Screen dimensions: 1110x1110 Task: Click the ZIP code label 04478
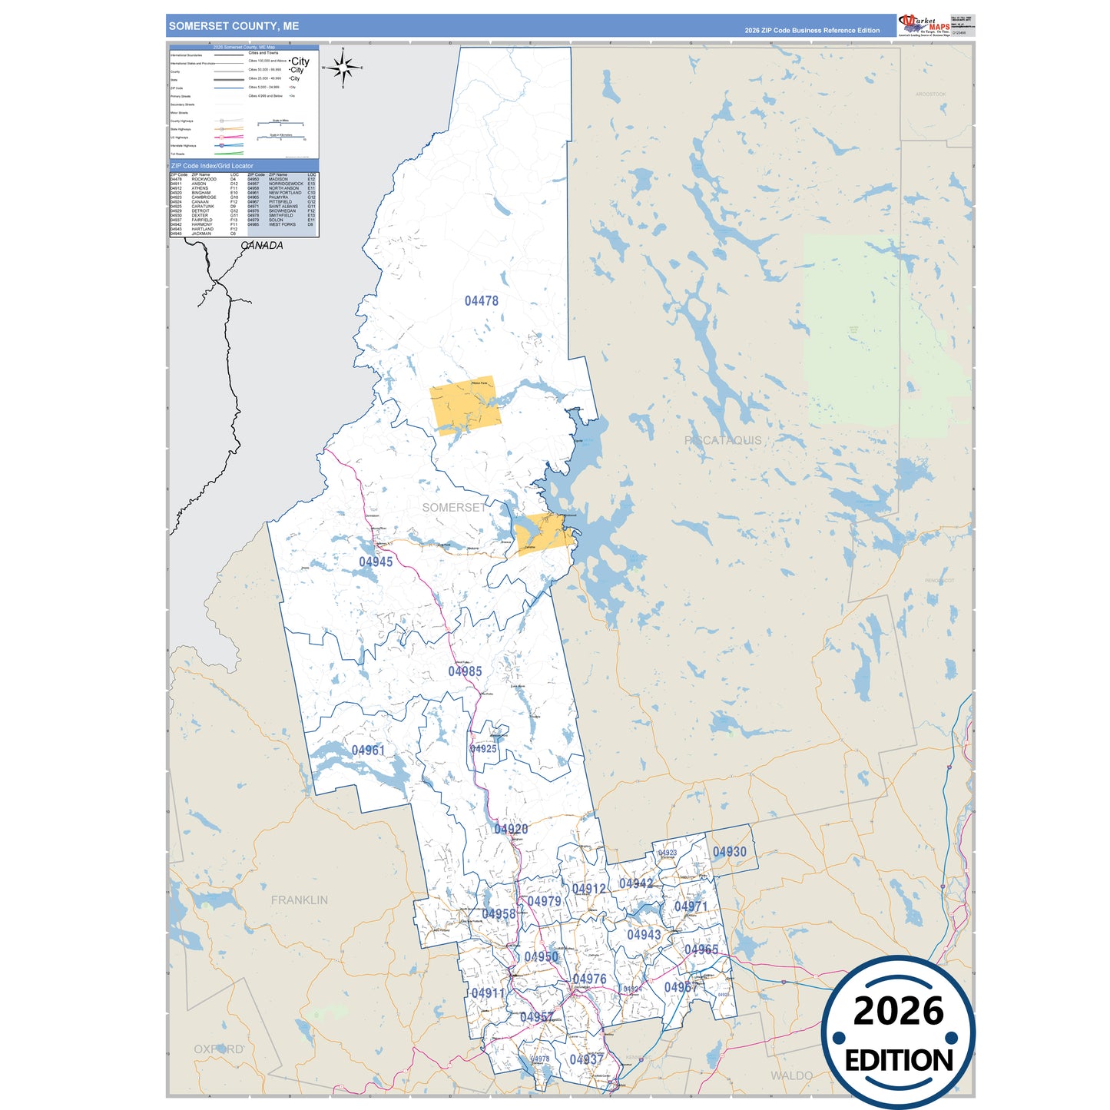(x=481, y=301)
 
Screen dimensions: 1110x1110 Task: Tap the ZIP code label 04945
(x=376, y=562)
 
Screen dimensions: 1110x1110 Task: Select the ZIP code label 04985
(x=465, y=671)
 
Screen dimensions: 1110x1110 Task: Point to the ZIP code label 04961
(x=368, y=750)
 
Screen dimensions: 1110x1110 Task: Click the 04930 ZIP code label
(x=729, y=852)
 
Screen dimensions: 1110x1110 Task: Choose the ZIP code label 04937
(x=586, y=1060)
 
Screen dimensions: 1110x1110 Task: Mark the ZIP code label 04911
(x=488, y=993)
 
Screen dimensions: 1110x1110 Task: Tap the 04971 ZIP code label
(x=691, y=907)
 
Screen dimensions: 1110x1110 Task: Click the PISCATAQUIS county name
(x=723, y=440)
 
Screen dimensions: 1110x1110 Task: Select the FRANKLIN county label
(x=299, y=900)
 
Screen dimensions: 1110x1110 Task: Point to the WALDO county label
(x=791, y=1075)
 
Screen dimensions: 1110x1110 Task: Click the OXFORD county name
(x=218, y=1049)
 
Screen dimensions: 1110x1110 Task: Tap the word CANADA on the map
(x=262, y=246)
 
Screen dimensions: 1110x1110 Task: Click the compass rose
(x=343, y=68)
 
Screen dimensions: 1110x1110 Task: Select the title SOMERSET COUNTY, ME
(x=234, y=26)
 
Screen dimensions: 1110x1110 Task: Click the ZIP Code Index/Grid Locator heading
(x=212, y=166)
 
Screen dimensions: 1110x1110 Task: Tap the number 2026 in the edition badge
(x=898, y=1012)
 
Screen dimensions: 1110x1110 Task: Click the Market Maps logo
(x=924, y=25)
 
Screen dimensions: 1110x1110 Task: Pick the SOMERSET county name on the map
(x=454, y=508)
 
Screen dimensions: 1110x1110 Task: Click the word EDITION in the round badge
(x=898, y=1061)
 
